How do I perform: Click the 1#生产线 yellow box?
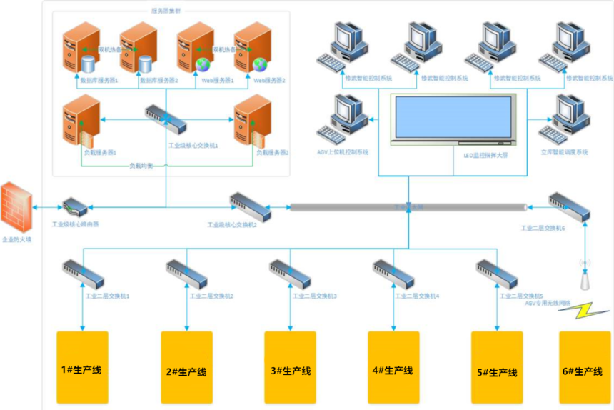click(82, 367)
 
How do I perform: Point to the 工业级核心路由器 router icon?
click(75, 209)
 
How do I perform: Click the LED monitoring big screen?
click(453, 119)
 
